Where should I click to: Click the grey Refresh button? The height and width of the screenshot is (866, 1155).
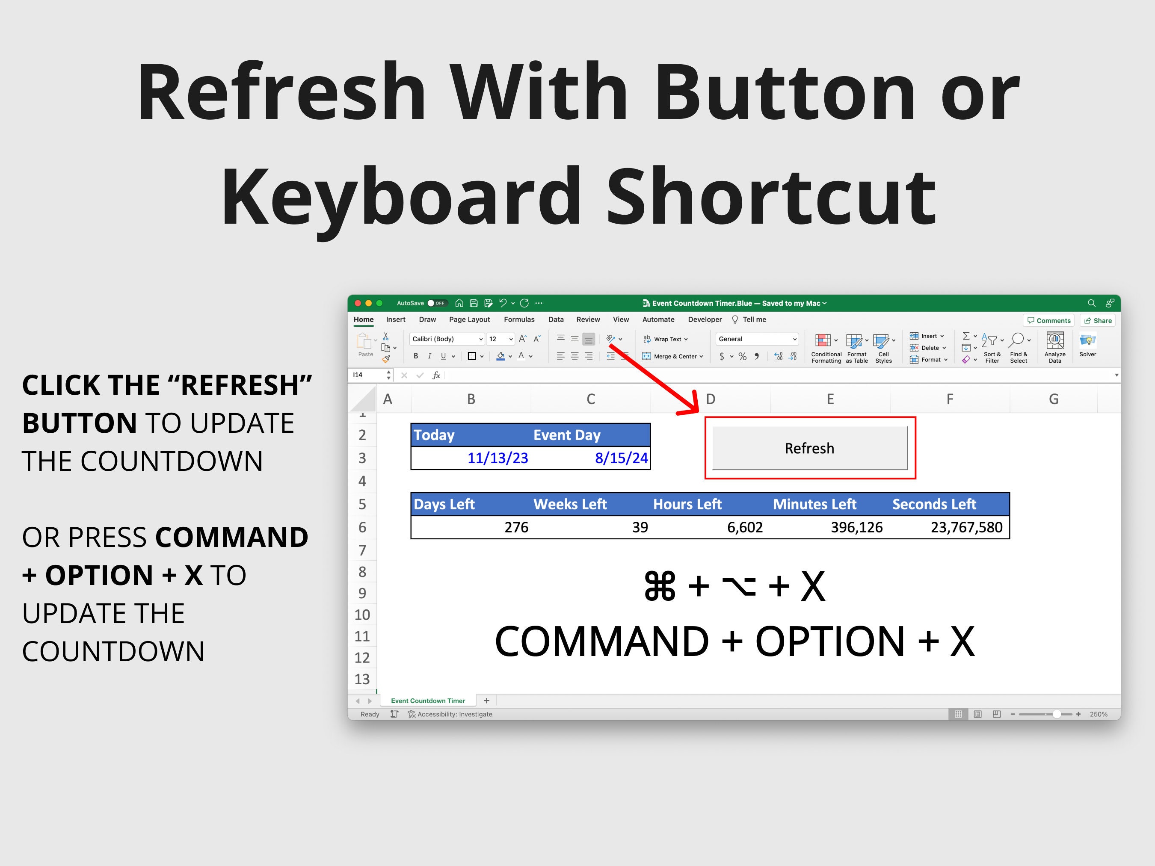(x=809, y=449)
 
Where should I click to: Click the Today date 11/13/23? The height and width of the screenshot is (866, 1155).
(x=497, y=458)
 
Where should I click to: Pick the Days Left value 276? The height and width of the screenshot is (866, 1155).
(x=516, y=527)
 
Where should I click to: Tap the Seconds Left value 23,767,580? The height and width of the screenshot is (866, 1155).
(x=966, y=527)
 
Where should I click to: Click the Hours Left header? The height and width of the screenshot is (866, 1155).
(x=687, y=504)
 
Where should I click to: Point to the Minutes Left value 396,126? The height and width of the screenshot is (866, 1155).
(x=856, y=527)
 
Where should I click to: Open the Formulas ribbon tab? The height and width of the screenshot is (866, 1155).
(x=519, y=319)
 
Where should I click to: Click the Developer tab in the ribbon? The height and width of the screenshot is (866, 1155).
(x=705, y=319)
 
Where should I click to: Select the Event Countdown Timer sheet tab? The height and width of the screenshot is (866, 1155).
(x=428, y=700)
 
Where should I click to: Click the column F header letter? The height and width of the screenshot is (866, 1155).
(x=950, y=399)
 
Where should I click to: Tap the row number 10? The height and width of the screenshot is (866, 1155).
(x=362, y=615)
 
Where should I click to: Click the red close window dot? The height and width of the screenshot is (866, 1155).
(x=358, y=303)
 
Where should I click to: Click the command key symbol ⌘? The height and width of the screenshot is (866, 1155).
(x=660, y=587)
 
